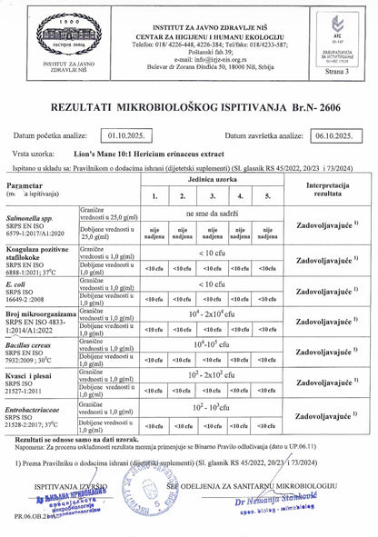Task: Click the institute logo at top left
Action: click(37, 32)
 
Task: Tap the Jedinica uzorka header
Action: click(210, 181)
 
